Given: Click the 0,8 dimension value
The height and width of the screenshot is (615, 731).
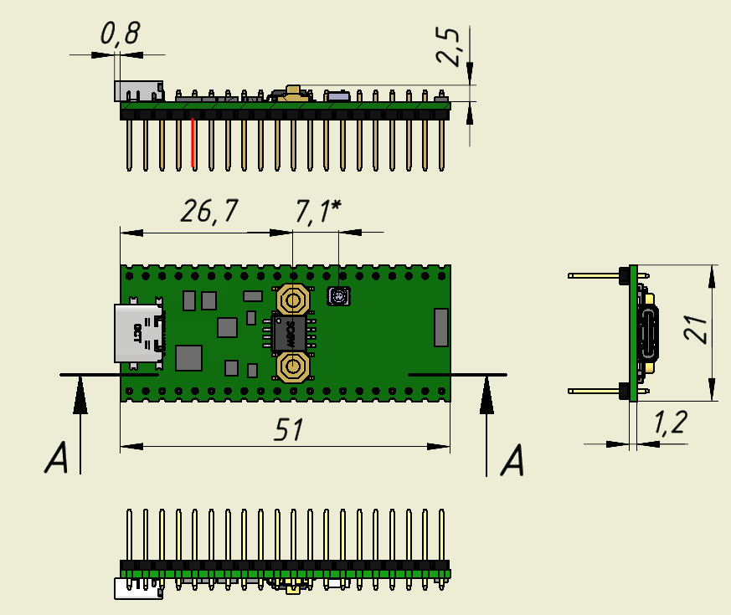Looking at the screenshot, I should coord(120,34).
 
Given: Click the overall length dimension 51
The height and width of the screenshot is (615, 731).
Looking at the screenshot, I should coord(289,430).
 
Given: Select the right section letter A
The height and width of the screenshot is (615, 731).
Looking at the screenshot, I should coord(513,460).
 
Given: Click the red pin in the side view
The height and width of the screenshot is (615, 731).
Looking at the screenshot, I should coord(193,142).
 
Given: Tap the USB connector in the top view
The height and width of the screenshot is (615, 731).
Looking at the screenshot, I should coord(138,333).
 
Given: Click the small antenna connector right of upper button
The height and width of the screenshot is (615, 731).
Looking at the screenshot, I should coord(338,295).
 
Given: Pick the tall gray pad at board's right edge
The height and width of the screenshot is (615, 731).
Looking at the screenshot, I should coord(441,326).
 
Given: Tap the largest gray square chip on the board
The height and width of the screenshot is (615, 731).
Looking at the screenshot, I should coord(188,357).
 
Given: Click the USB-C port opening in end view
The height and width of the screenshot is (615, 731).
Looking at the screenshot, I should coord(649,333).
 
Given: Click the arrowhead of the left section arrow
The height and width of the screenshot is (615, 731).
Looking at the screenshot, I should coord(80,394).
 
